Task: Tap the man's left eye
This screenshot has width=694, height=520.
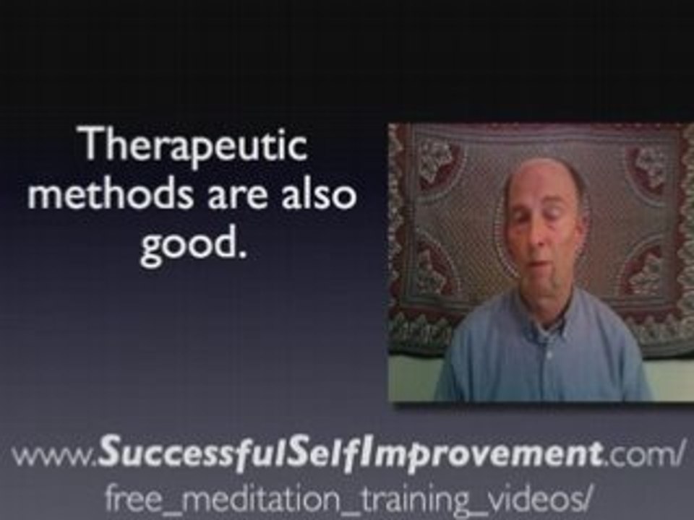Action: pyautogui.click(x=560, y=220)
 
